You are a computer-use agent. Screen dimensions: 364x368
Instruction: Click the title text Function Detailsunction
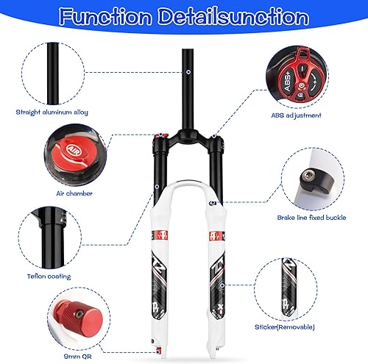tap(183, 17)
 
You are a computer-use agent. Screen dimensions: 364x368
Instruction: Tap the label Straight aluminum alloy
tap(52, 113)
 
